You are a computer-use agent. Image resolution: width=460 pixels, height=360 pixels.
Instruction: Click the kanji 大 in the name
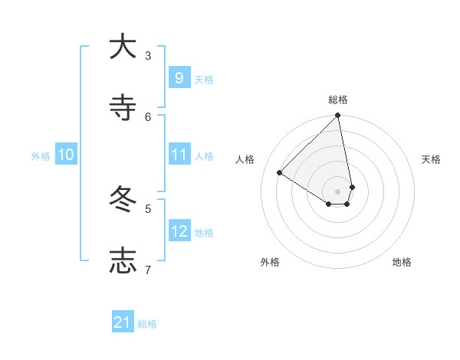(x=123, y=47)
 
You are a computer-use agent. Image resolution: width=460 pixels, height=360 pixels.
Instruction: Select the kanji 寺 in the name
(x=123, y=108)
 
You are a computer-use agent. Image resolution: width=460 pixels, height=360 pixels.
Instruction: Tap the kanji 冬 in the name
(x=123, y=200)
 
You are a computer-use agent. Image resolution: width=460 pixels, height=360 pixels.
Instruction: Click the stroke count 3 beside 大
(x=148, y=55)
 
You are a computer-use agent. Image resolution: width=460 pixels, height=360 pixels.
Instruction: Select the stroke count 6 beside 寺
(x=148, y=116)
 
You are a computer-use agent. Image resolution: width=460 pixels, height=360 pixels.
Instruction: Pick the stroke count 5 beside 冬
(x=148, y=208)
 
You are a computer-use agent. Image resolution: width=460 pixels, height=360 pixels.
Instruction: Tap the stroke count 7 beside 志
(x=148, y=270)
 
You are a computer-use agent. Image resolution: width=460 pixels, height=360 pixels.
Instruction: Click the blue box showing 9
(x=179, y=78)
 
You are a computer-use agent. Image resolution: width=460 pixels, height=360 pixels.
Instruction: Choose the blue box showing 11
(x=179, y=155)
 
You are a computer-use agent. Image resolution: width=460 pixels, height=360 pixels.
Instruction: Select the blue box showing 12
(x=179, y=231)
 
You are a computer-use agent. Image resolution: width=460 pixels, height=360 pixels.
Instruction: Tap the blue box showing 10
(x=66, y=155)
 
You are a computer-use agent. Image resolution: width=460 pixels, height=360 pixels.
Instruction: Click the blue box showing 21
(x=123, y=323)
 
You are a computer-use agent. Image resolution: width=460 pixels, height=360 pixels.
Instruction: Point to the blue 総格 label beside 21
(x=147, y=324)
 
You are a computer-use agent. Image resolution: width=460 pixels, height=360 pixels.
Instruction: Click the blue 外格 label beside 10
(x=41, y=156)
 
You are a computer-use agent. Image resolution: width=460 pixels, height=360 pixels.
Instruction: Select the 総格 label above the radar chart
(x=338, y=100)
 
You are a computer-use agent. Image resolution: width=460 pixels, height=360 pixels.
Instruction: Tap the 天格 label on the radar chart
(x=432, y=159)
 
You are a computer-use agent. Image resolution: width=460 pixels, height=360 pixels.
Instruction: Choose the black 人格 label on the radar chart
(x=245, y=159)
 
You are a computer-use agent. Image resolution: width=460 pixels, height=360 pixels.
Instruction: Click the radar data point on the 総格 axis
(x=338, y=116)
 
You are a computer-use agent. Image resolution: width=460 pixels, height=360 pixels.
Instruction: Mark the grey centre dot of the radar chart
(x=338, y=191)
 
